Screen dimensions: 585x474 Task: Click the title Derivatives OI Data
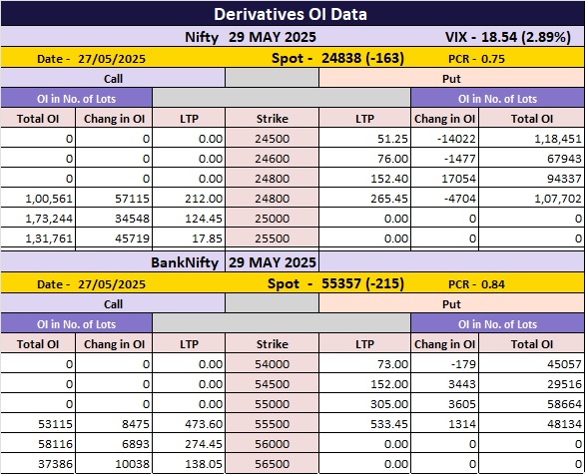tap(291, 14)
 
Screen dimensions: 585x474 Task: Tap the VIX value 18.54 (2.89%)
tap(526, 37)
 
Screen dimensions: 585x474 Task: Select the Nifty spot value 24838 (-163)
tap(362, 58)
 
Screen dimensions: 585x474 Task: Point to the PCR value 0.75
tap(493, 59)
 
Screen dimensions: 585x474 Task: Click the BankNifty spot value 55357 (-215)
tap(362, 283)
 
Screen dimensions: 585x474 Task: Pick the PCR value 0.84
tap(493, 284)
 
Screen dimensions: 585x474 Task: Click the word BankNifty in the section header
tap(185, 262)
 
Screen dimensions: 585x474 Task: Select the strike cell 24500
tap(273, 139)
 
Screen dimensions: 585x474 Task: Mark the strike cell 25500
tap(273, 238)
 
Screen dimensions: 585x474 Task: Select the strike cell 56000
tap(273, 444)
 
